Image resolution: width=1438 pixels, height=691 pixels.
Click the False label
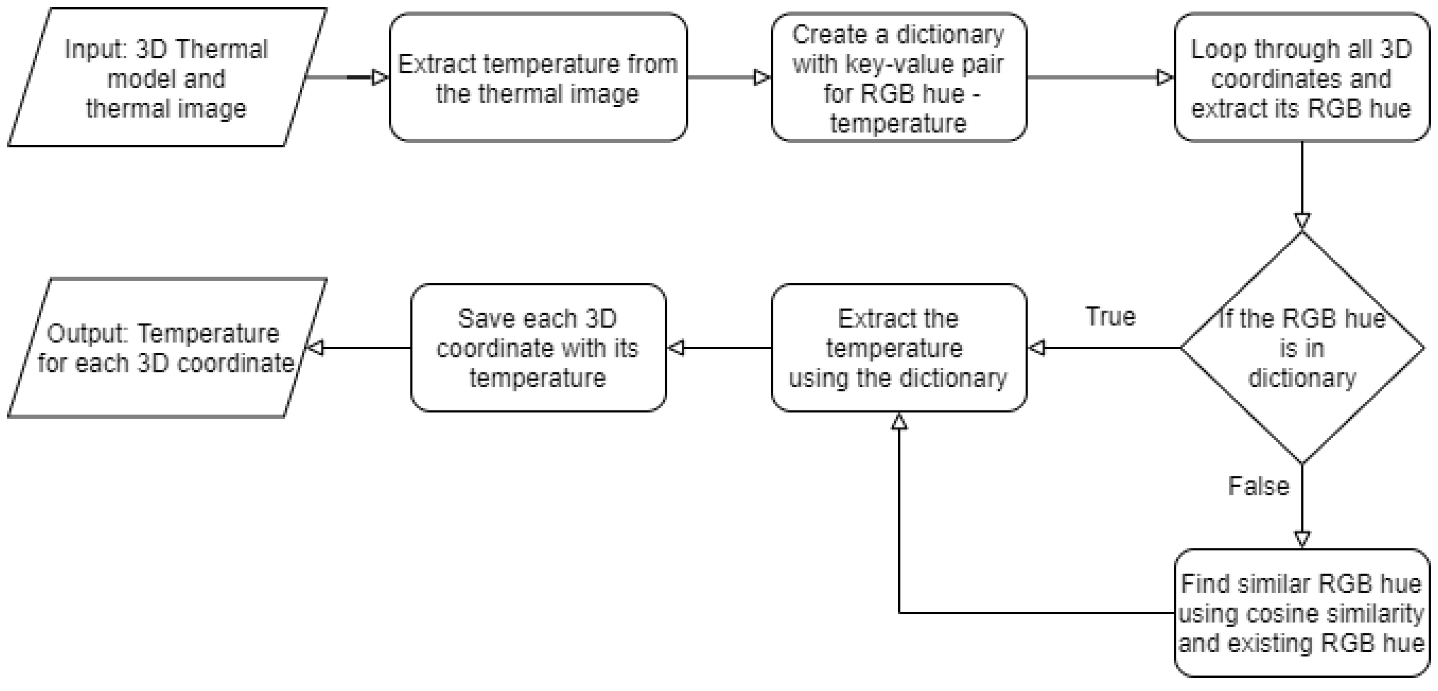click(1258, 486)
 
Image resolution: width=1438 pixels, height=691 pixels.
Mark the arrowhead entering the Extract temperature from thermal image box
click(380, 78)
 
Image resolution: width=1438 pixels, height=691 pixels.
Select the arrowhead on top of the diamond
click(1302, 221)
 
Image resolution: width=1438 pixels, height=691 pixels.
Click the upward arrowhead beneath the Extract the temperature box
click(899, 422)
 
